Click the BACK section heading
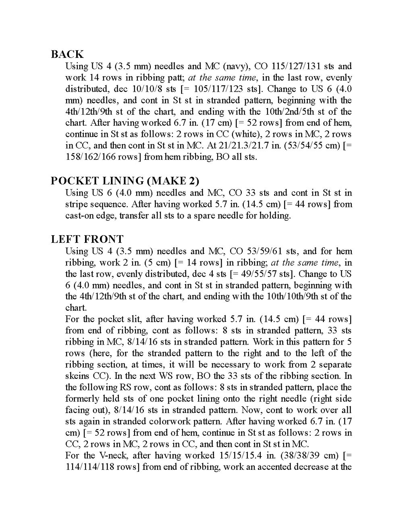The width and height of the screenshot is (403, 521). pyautogui.click(x=67, y=54)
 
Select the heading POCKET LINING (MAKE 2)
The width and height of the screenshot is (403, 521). pyautogui.click(x=125, y=181)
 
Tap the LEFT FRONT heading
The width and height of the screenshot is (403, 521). pyautogui.click(x=87, y=239)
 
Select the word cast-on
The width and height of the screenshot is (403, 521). pyautogui.click(x=80, y=215)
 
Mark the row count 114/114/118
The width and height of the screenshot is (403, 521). pyautogui.click(x=91, y=467)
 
